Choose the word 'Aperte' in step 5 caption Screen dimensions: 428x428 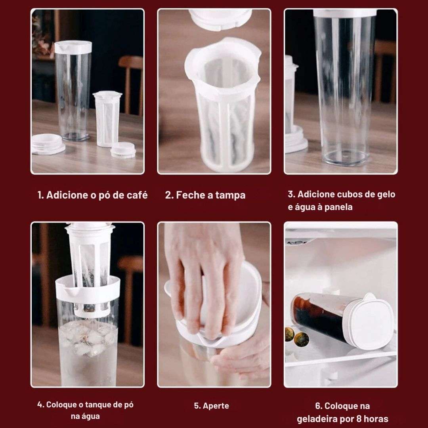point(218,406)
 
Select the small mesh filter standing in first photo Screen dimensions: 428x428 point(107,119)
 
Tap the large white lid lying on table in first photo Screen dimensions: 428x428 point(48,144)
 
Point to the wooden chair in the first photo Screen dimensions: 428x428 point(131,79)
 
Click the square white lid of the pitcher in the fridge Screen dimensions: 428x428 point(371,323)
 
